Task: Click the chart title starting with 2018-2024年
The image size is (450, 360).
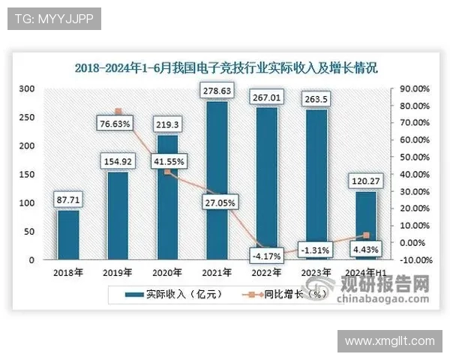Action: [226, 67]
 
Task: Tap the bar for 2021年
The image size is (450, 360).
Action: [217, 180]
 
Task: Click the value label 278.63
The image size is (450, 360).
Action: [217, 91]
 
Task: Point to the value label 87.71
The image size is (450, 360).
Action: [69, 199]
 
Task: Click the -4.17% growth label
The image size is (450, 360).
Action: [266, 256]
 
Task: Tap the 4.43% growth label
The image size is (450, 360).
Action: [365, 249]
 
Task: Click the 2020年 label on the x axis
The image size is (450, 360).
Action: [167, 272]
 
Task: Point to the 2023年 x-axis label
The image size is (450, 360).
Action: [315, 272]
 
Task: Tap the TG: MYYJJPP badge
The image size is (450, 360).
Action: [54, 19]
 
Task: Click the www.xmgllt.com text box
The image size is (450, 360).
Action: [389, 340]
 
